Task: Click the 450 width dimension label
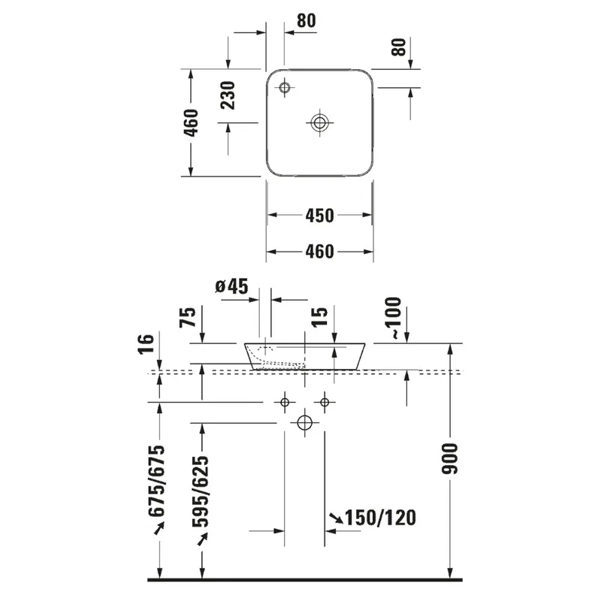click(x=320, y=216)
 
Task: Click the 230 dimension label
click(x=228, y=95)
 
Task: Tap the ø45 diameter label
click(x=231, y=286)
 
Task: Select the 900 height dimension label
click(x=450, y=458)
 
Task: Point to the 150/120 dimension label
click(x=381, y=518)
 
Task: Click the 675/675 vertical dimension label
click(x=157, y=481)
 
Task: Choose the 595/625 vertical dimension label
click(x=201, y=491)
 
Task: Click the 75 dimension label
click(x=188, y=317)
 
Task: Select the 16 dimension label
click(x=146, y=344)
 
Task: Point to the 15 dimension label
click(x=320, y=317)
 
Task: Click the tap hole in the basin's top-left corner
click(x=285, y=88)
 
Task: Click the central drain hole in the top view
click(x=319, y=123)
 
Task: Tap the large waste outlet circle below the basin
click(x=305, y=423)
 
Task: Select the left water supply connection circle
click(x=285, y=403)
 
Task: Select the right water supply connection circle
click(x=325, y=403)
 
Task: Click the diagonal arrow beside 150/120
click(x=337, y=518)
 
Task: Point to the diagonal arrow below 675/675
click(x=159, y=528)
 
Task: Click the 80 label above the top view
click(x=307, y=21)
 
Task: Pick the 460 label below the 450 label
click(x=320, y=252)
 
